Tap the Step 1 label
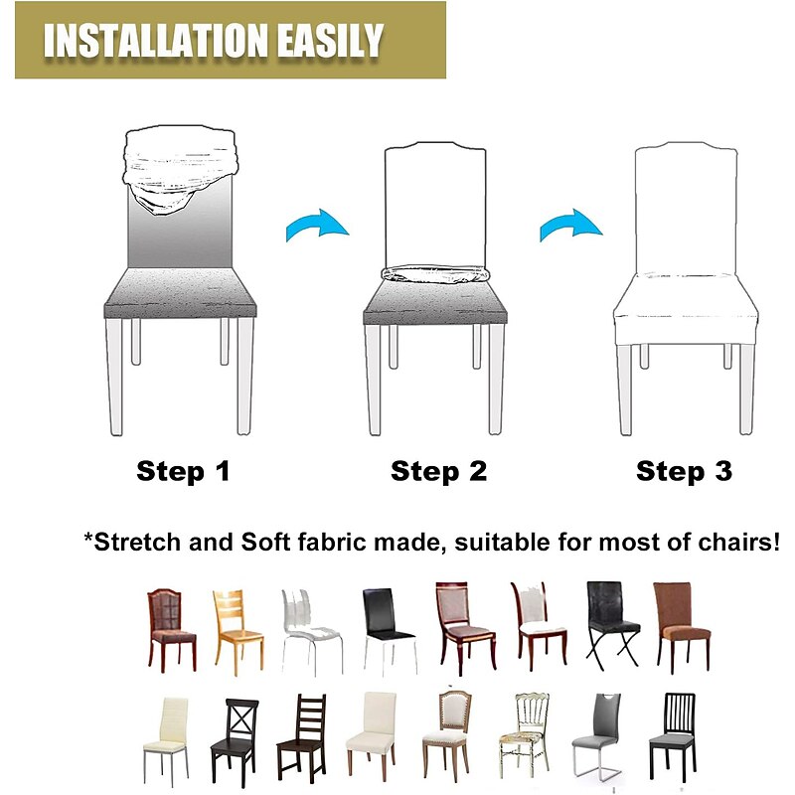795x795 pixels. [x=183, y=471]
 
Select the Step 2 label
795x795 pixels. [x=439, y=471]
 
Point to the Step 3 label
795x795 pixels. [x=684, y=471]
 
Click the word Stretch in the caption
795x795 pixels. [x=137, y=543]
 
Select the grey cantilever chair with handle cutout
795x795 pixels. [x=597, y=735]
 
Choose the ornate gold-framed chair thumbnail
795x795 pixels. [x=524, y=735]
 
